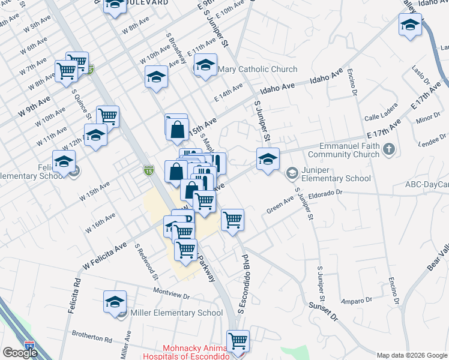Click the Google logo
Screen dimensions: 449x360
[x=20, y=353]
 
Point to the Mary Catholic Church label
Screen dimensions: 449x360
[x=258, y=69]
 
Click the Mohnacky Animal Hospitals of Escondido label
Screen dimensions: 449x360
[x=196, y=352]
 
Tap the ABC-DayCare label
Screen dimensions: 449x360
[x=427, y=185]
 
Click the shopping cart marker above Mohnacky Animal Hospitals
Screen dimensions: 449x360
[x=238, y=340]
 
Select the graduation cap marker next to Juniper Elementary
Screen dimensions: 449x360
[x=268, y=159]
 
